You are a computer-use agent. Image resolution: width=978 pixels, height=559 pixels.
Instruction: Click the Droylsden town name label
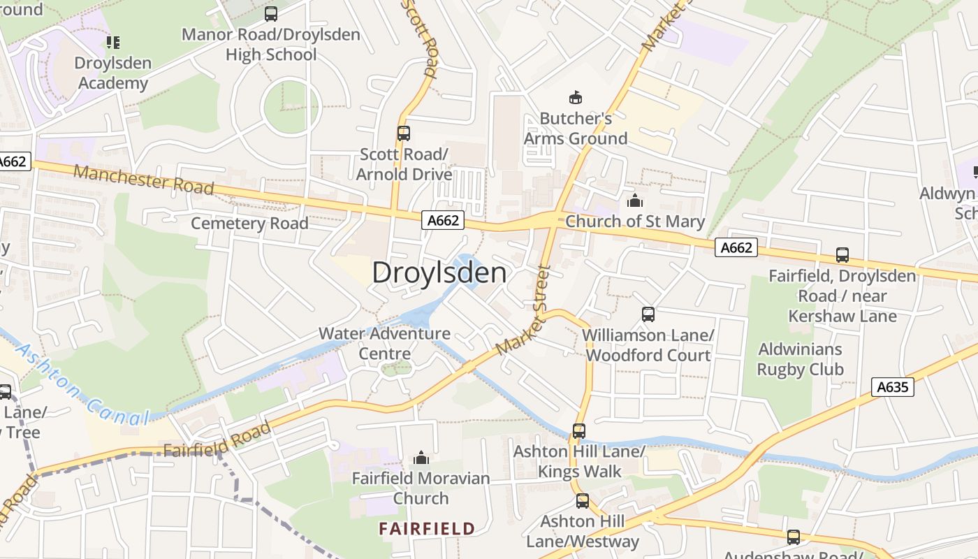point(439,273)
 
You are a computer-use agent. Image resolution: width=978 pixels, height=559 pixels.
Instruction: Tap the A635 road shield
point(893,386)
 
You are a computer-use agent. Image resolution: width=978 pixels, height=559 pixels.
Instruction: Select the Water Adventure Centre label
point(384,343)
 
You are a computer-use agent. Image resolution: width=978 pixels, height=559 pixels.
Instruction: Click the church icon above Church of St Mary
point(634,201)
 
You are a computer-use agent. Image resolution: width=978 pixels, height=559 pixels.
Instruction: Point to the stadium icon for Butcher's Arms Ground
point(576,98)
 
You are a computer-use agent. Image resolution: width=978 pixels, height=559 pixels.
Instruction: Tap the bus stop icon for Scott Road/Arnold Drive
point(403,133)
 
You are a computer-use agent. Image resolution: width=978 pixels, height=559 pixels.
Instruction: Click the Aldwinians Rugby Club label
point(801,359)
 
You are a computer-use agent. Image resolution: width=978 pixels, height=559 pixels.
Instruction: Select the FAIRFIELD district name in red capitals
point(427,528)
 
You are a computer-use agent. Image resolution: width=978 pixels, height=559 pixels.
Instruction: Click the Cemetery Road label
point(249,224)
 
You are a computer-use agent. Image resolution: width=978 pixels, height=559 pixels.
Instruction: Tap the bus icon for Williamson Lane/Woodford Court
point(648,314)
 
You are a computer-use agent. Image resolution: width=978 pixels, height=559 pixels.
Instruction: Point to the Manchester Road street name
point(143,180)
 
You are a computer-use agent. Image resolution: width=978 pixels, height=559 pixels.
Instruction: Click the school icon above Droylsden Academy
point(113,43)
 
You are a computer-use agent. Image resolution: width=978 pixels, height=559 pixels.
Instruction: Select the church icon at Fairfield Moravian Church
point(421,458)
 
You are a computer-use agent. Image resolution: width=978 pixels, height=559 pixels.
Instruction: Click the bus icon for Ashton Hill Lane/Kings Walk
point(579,431)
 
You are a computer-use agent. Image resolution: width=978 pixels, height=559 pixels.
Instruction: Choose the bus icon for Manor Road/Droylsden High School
point(271,14)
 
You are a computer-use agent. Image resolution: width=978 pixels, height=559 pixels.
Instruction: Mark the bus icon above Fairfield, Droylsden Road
point(842,255)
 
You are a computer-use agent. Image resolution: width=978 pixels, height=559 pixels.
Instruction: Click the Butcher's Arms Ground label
point(576,129)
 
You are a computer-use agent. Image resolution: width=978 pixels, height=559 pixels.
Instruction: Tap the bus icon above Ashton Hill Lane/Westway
point(582,501)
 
